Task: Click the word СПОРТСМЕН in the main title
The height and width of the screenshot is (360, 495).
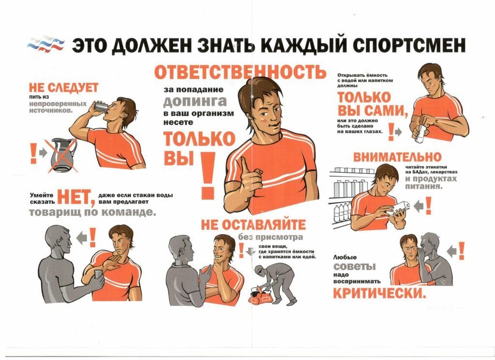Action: pyautogui.click(x=409, y=45)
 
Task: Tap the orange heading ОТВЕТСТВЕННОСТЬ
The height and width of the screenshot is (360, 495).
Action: pyautogui.click(x=240, y=72)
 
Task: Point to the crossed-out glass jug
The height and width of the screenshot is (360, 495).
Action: pyautogui.click(x=63, y=155)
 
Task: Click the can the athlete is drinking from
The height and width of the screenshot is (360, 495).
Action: pyautogui.click(x=102, y=106)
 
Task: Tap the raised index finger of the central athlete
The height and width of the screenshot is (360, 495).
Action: pyautogui.click(x=244, y=166)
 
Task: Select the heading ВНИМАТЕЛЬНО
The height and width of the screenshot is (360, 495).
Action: pyautogui.click(x=397, y=157)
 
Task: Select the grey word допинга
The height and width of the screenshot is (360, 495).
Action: pyautogui.click(x=195, y=102)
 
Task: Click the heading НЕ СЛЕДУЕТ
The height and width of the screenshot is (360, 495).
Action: pyautogui.click(x=64, y=88)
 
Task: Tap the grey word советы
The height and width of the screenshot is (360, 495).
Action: pyautogui.click(x=354, y=266)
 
